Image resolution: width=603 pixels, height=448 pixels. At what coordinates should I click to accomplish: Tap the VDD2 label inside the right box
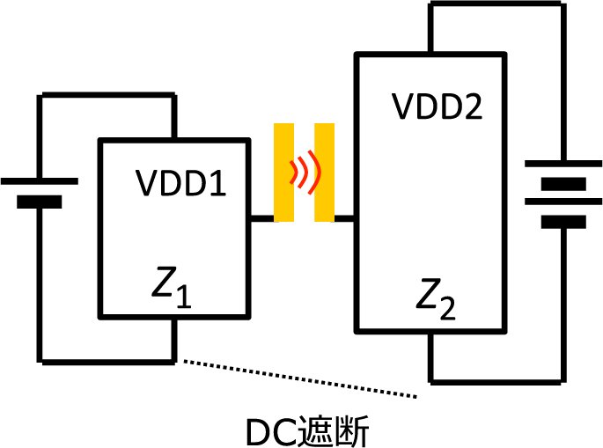click(438, 107)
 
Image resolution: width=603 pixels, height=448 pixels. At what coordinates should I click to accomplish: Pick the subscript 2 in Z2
click(448, 309)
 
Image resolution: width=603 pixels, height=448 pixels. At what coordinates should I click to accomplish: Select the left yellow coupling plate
click(283, 173)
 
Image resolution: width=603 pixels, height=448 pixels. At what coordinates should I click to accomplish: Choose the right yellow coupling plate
click(324, 173)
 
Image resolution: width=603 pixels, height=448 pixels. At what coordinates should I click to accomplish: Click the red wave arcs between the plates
click(305, 172)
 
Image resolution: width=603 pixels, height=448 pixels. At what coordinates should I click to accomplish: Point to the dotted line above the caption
click(299, 378)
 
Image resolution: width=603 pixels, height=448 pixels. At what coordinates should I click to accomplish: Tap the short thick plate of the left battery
click(40, 202)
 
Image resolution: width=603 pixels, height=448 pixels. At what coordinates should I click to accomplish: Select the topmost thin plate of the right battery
click(556, 165)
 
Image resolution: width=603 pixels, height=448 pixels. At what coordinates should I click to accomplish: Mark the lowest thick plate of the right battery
click(556, 221)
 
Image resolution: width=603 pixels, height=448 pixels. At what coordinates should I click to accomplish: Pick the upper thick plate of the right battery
click(556, 184)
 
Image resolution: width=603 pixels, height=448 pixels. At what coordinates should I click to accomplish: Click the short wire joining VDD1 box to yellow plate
click(263, 217)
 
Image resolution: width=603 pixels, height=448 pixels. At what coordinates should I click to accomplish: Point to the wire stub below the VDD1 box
click(174, 339)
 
